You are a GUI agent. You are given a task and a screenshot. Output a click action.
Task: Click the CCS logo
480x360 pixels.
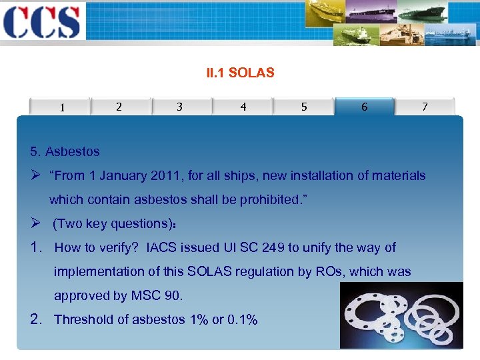coord(41,21)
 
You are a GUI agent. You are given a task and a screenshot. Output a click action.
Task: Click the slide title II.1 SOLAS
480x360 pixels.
coord(240,73)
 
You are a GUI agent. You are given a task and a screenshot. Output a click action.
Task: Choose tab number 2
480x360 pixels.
coord(119,107)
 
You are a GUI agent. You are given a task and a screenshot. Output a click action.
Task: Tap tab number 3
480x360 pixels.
coord(179,107)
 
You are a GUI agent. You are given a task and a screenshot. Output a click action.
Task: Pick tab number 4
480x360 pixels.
coord(243,107)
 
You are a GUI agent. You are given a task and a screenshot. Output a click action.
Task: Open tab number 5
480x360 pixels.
coord(304,107)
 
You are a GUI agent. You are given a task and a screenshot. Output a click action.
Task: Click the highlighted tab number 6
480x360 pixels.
coord(364,107)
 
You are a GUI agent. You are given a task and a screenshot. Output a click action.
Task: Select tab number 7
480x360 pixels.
coord(425,107)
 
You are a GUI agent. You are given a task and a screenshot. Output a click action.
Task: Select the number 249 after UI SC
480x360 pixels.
coord(273,247)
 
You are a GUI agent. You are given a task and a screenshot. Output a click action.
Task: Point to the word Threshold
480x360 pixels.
coord(83,319)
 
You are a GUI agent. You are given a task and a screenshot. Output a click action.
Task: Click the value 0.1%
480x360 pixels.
coord(242,319)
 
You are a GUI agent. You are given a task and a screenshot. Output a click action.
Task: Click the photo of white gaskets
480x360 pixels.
coord(401,315)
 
